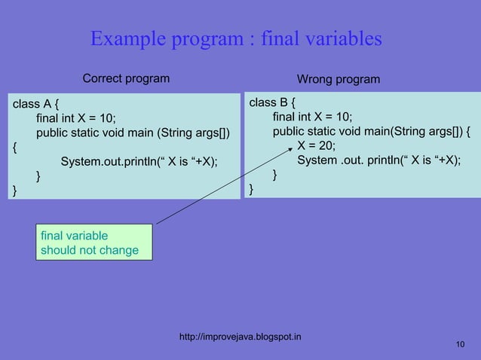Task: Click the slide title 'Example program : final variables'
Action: pos(236,38)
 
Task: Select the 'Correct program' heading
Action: pos(126,78)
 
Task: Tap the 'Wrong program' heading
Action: pos(339,79)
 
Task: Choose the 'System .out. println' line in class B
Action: pos(378,160)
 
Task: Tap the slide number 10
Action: pos(461,344)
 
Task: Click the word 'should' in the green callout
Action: pos(60,250)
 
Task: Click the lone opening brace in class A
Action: pos(13,147)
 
